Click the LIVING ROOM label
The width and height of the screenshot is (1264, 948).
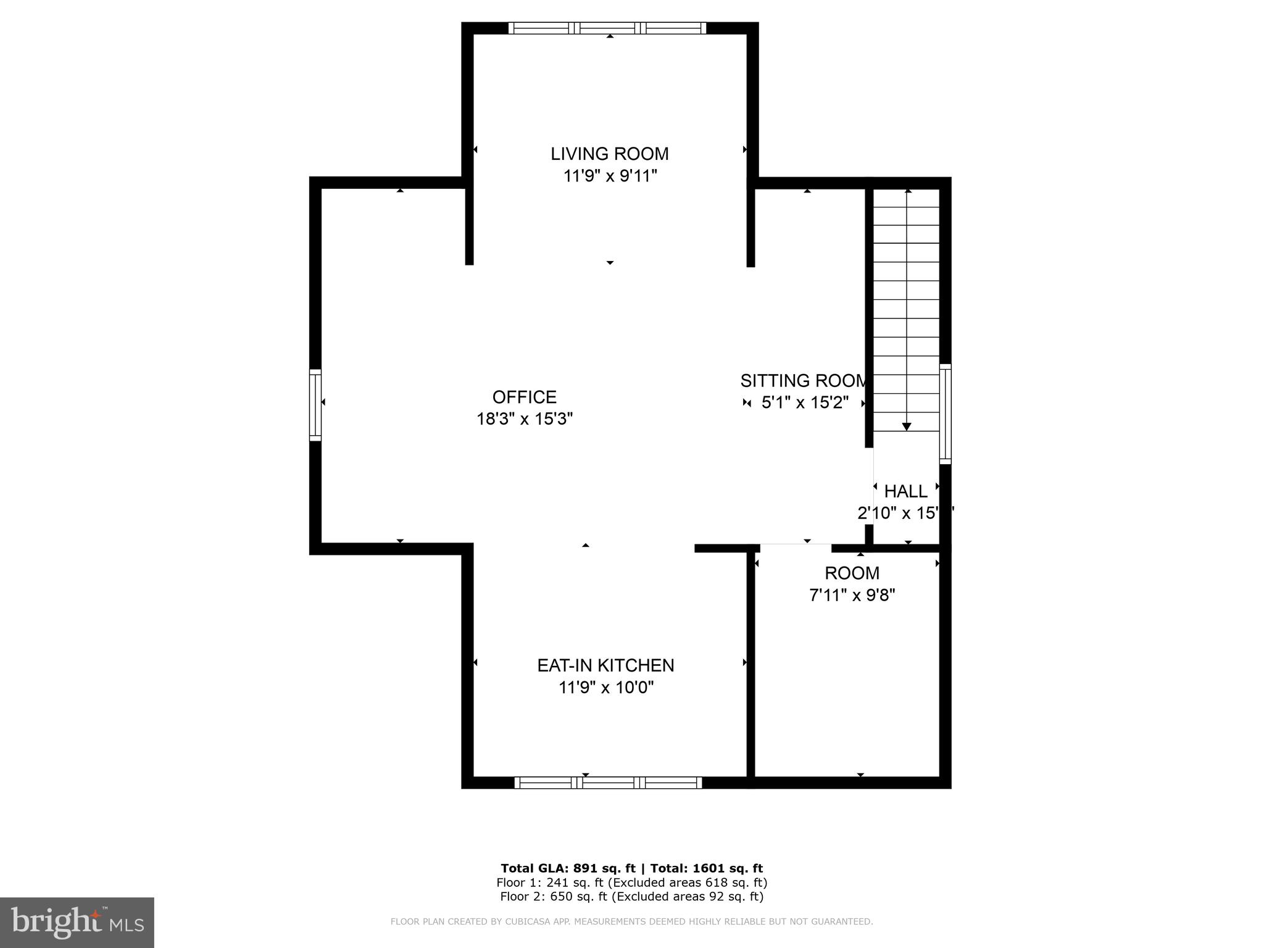click(x=609, y=154)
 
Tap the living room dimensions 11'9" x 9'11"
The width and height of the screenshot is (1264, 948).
click(x=609, y=176)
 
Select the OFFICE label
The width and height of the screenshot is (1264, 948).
click(x=524, y=397)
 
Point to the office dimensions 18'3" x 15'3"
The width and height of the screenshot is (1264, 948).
click(x=524, y=419)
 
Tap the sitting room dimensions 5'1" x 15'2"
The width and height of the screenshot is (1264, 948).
click(x=805, y=403)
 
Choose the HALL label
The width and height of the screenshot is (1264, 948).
click(x=905, y=491)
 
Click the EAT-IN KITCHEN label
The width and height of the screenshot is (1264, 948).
click(x=605, y=665)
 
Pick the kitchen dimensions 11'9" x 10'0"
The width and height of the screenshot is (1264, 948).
click(x=605, y=688)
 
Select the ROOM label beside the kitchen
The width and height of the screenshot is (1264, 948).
click(x=852, y=573)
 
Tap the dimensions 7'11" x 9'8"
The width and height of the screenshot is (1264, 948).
click(x=852, y=595)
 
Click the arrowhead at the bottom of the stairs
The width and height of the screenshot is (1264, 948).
click(x=907, y=426)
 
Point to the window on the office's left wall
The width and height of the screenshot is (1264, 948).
click(x=315, y=404)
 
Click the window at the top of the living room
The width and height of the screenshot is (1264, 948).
click(x=607, y=28)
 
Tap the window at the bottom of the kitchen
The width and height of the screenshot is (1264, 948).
click(x=608, y=783)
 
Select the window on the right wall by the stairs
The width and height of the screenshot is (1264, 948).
click(x=945, y=414)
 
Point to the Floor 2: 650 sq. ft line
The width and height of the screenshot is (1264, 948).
click(x=631, y=897)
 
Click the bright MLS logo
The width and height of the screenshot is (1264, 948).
click(x=77, y=922)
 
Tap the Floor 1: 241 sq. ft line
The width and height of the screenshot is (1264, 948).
click(x=631, y=883)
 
